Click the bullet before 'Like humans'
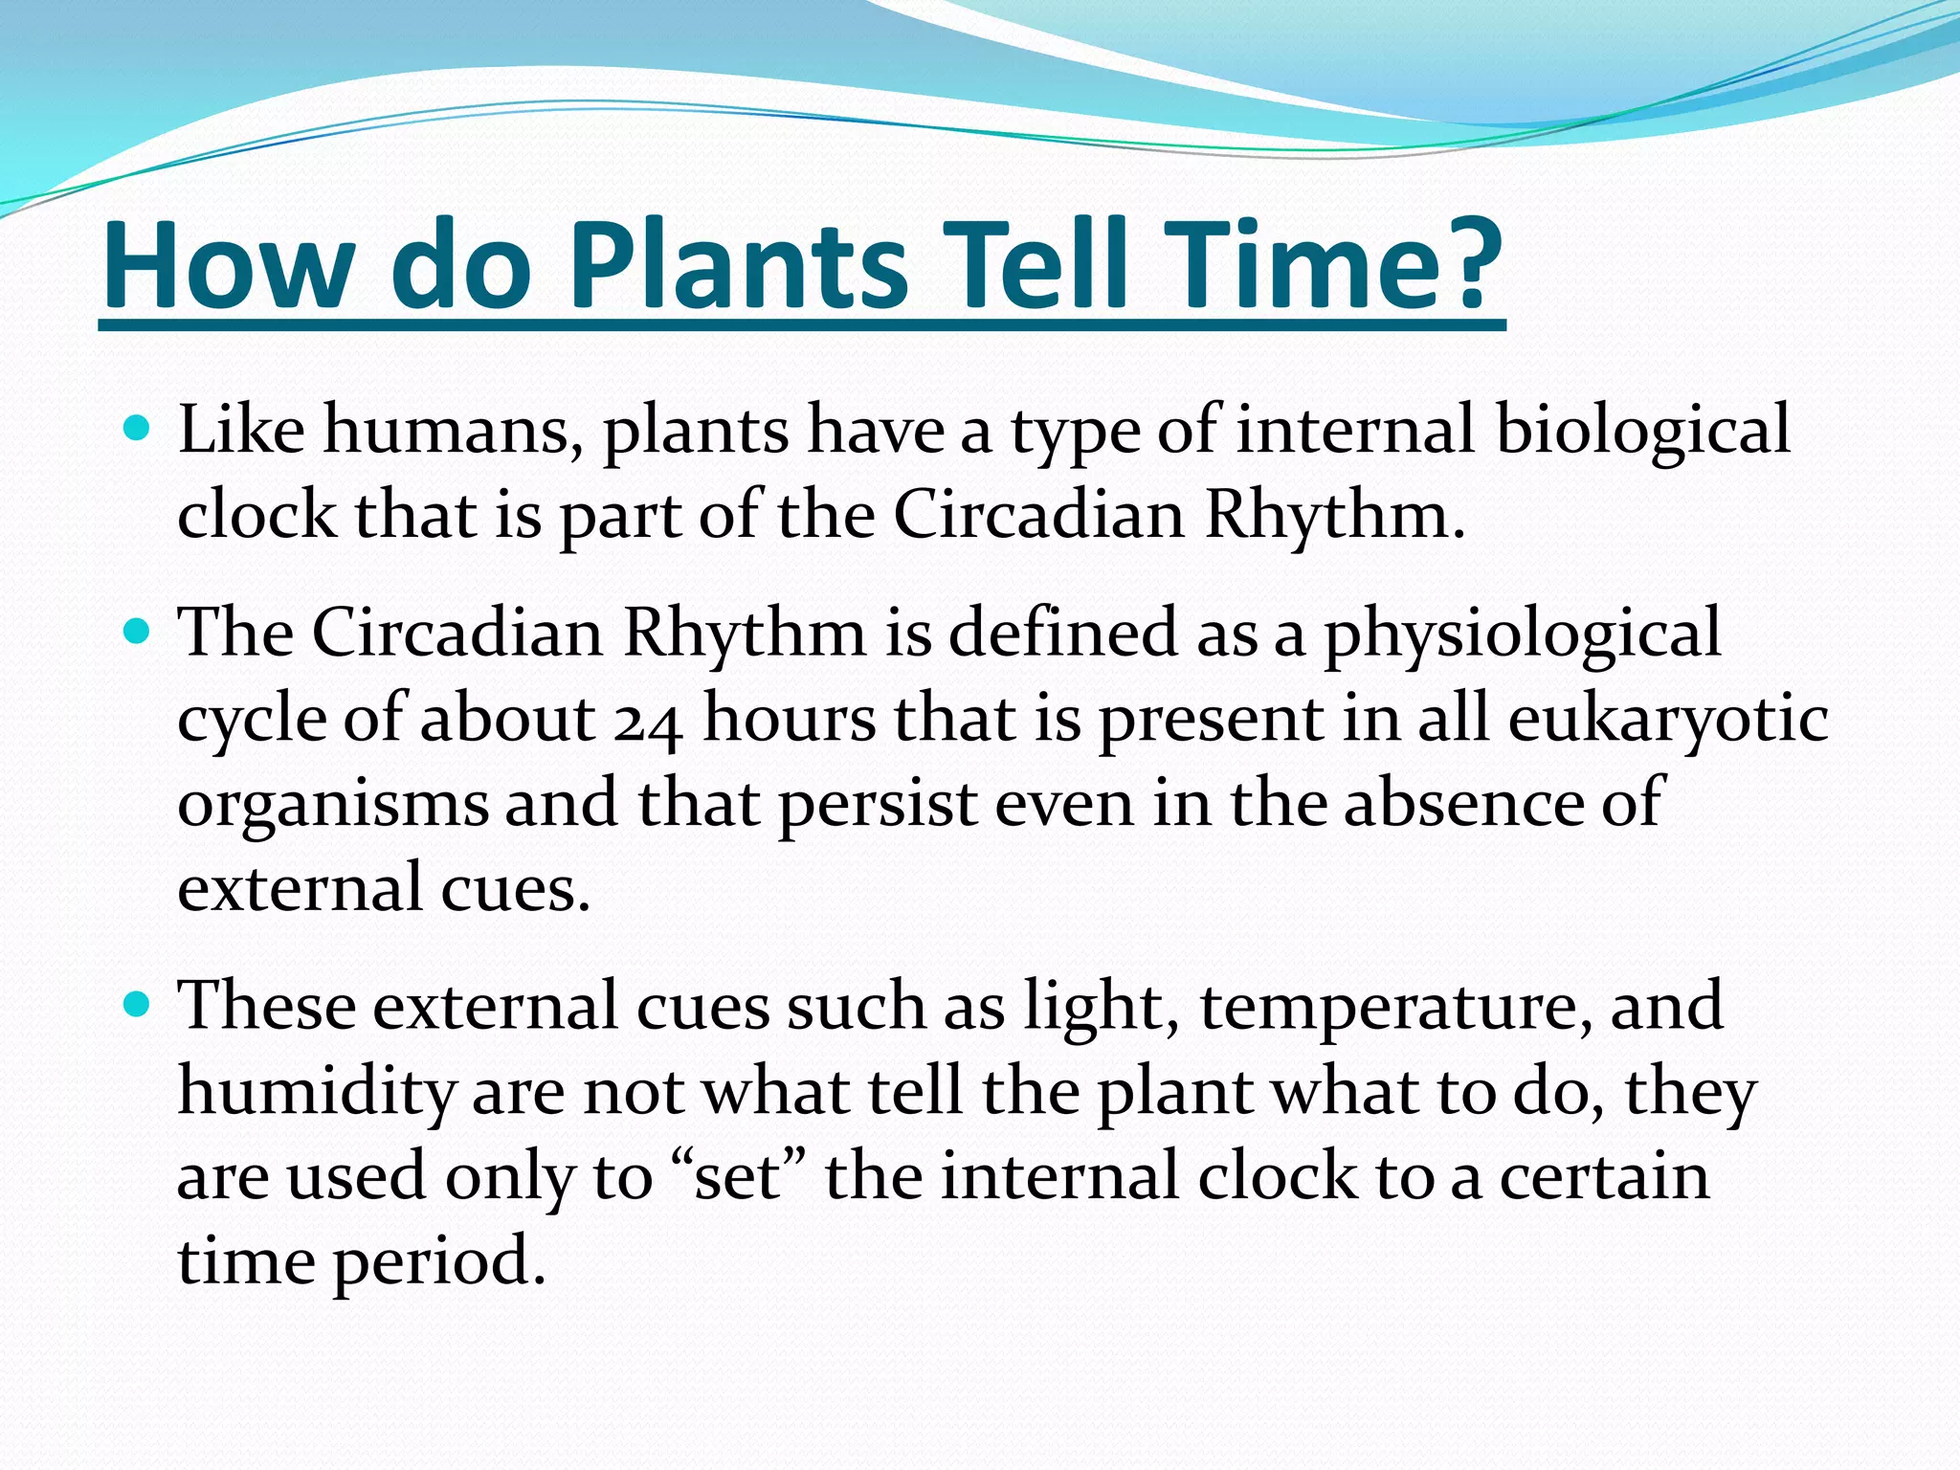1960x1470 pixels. click(138, 427)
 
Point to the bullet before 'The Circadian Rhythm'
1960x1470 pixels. click(138, 631)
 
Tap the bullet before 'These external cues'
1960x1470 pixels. click(138, 1004)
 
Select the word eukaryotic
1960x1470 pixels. click(1668, 718)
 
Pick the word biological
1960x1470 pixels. click(1642, 430)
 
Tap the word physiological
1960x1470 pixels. click(1522, 634)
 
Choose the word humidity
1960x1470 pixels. click(316, 1092)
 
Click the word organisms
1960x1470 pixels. click(332, 805)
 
